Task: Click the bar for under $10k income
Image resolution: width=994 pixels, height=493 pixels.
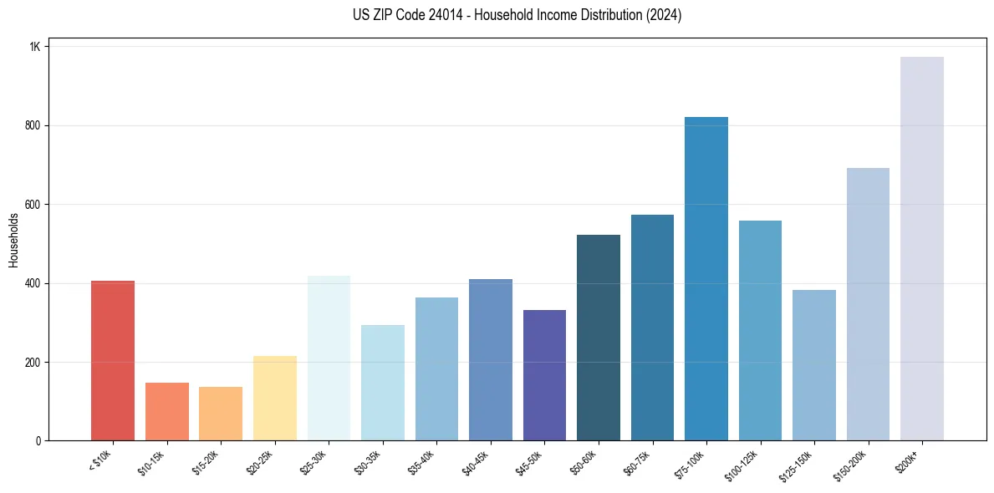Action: coord(113,361)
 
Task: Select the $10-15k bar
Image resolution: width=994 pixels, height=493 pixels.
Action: coord(167,412)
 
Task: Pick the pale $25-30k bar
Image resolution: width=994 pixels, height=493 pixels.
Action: coord(329,358)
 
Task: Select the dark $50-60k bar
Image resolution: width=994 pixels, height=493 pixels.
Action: coord(599,338)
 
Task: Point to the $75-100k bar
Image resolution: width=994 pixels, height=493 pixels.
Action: coord(706,279)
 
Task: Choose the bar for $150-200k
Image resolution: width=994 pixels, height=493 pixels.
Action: coord(868,304)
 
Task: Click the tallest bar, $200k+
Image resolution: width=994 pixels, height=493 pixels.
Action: coord(922,249)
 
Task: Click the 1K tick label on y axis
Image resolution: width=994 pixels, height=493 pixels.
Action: coord(34,47)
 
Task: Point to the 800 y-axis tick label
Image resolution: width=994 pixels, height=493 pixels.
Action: coord(33,125)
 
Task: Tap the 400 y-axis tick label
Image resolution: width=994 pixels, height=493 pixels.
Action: coord(33,283)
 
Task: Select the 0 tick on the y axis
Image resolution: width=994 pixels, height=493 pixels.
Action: coord(38,441)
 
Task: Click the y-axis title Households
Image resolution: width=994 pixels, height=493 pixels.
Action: coord(13,240)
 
